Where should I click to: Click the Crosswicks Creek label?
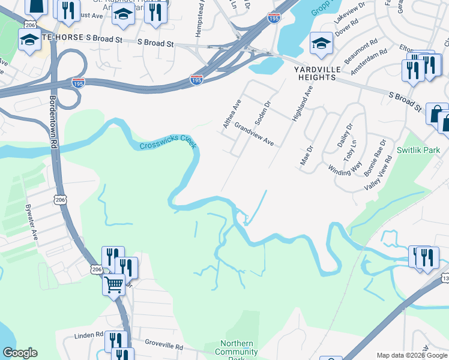tap(168, 143)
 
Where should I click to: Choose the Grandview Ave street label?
tap(254, 135)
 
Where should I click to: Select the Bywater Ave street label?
tap(31, 222)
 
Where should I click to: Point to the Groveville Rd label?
tap(164, 345)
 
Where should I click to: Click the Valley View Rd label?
tap(379, 173)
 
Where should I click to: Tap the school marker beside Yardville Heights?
tap(321, 43)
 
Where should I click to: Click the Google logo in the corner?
tap(20, 353)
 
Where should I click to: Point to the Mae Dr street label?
tap(306, 157)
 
